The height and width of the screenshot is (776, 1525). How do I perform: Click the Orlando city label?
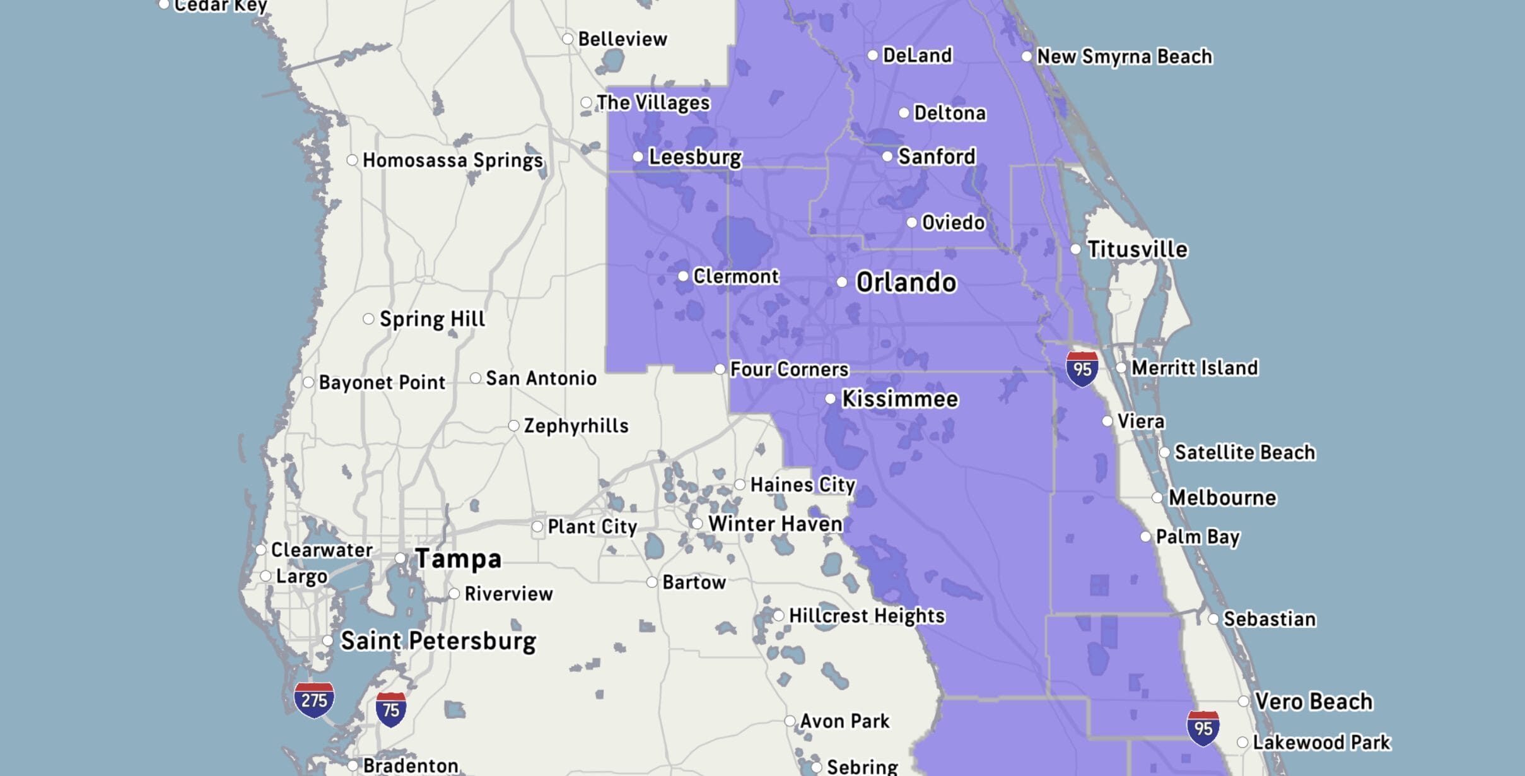[x=906, y=283]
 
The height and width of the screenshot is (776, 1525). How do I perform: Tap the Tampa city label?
[x=459, y=559]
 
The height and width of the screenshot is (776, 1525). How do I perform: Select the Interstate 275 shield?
[x=314, y=700]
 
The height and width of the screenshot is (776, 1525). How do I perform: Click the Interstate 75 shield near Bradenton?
[x=391, y=710]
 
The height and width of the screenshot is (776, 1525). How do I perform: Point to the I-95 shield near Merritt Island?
[x=1082, y=369]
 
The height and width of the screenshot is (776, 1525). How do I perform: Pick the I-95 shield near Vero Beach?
[x=1203, y=728]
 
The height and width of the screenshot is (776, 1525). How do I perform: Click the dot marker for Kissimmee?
[x=831, y=399]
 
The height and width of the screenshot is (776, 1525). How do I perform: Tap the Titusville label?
[x=1137, y=249]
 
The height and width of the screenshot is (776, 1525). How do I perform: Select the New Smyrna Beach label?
[x=1125, y=57]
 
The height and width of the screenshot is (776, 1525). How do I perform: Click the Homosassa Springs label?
[x=452, y=160]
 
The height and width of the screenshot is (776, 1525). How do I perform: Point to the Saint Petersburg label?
[x=438, y=641]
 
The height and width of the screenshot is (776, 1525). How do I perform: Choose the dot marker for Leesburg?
[x=638, y=156]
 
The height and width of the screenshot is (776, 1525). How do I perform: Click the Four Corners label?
[x=789, y=369]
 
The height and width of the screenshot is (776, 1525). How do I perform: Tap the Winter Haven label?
[x=775, y=524]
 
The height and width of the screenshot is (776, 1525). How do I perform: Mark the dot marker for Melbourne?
[x=1157, y=498]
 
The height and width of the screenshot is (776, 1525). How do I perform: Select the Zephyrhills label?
[x=576, y=426]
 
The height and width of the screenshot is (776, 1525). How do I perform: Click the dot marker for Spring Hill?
[x=369, y=319]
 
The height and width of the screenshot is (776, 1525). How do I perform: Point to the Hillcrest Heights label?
[x=867, y=616]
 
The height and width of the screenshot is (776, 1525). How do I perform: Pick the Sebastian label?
[x=1270, y=619]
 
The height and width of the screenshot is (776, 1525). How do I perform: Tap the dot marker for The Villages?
[x=586, y=102]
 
